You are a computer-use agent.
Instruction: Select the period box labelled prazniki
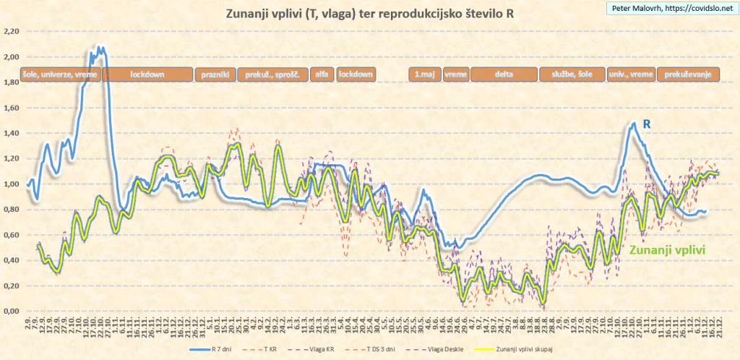pos(215,74)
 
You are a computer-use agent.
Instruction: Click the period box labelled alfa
pos(322,74)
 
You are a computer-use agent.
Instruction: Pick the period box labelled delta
pos(504,74)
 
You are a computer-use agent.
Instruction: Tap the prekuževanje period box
pos(689,74)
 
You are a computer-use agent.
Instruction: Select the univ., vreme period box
pos(631,74)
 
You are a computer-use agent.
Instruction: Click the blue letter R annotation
pos(647,124)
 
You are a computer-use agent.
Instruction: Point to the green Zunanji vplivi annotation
pos(667,249)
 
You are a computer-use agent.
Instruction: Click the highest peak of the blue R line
pos(100,48)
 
